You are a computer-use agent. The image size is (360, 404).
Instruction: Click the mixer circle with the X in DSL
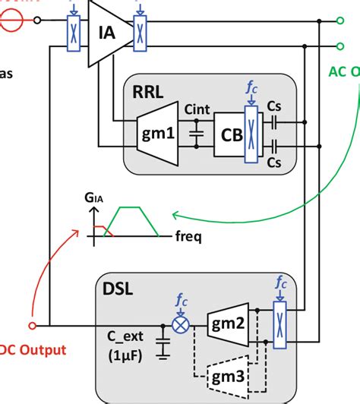click(x=182, y=326)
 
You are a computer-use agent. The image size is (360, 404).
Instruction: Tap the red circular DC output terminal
click(x=33, y=326)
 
